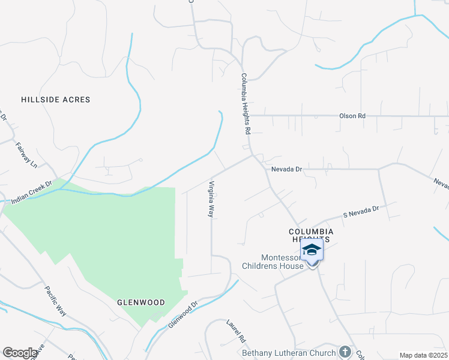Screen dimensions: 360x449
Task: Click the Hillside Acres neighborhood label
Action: click(55, 100)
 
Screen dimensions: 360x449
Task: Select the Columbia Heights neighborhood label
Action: click(310, 235)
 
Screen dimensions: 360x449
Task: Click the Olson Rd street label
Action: click(352, 115)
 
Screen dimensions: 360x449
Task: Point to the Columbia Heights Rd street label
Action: click(246, 103)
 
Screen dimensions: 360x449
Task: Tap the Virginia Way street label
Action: click(211, 199)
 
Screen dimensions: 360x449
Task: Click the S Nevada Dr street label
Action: click(361, 211)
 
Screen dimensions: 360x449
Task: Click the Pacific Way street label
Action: click(55, 301)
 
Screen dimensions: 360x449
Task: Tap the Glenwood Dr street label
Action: click(183, 314)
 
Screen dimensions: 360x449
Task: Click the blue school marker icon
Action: click(312, 250)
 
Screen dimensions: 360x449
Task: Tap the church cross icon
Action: click(345, 351)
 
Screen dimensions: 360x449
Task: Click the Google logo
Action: click(20, 353)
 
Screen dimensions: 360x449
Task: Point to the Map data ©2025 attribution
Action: click(423, 355)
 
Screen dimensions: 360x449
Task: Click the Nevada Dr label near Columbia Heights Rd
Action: click(286, 170)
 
